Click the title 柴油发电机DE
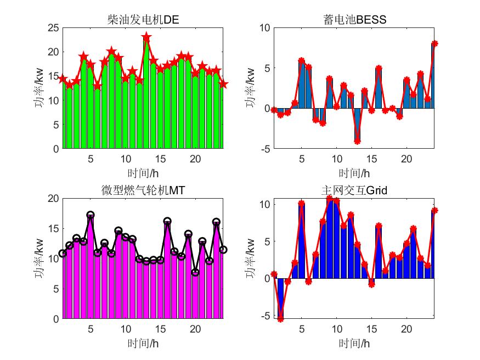pos(143,20)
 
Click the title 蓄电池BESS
pos(355,20)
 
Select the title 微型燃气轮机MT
pos(143,190)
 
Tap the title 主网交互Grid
pos(355,190)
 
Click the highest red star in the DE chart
pos(146,37)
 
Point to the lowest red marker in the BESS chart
pos(357,142)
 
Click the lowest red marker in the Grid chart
pos(280,319)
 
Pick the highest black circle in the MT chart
pos(91,215)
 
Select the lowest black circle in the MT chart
pos(195,272)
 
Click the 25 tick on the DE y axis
pos(53,27)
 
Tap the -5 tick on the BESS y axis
pos(264,149)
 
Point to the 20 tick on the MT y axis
pos(53,198)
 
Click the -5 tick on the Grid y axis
pos(264,316)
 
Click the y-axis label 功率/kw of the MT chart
pos(39,258)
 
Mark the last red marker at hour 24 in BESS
pos(434,43)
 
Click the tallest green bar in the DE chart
pos(146,93)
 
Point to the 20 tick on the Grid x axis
pos(406,329)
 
